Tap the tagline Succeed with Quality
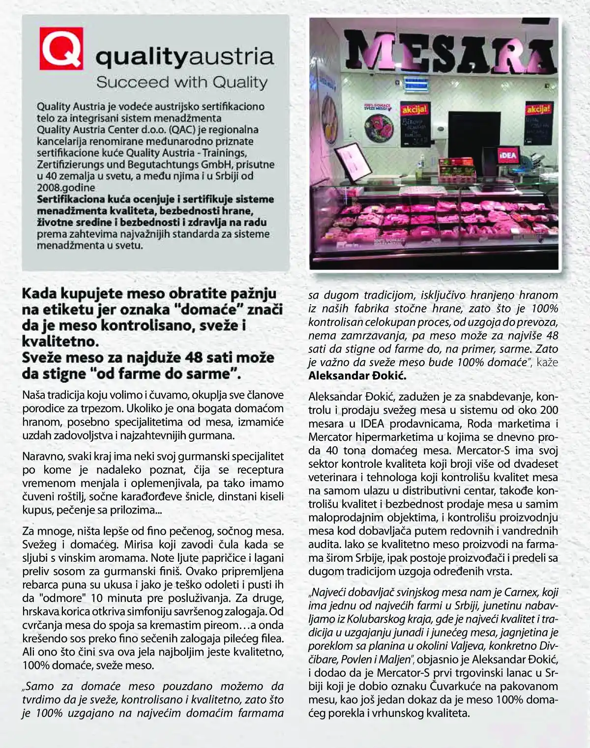pyautogui.click(x=181, y=82)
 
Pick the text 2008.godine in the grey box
pyautogui.click(x=66, y=187)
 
